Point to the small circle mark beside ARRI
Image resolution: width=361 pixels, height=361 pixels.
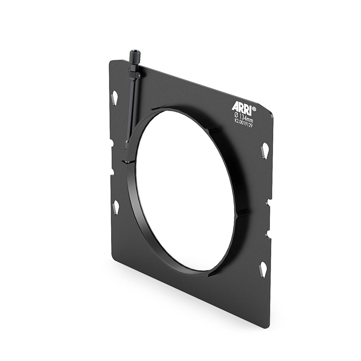coord(254,108)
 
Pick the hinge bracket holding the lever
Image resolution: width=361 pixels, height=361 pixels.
coord(135,75)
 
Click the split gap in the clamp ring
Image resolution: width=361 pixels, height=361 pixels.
coord(127,161)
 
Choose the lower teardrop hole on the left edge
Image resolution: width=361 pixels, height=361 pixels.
coord(116,206)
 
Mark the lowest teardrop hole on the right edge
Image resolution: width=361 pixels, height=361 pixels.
coord(263,269)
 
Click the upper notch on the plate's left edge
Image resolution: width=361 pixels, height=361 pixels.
coord(111,143)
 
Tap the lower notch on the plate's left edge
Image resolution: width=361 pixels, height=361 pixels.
coord(112,171)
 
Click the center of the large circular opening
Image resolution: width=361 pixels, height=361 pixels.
coord(185,190)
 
